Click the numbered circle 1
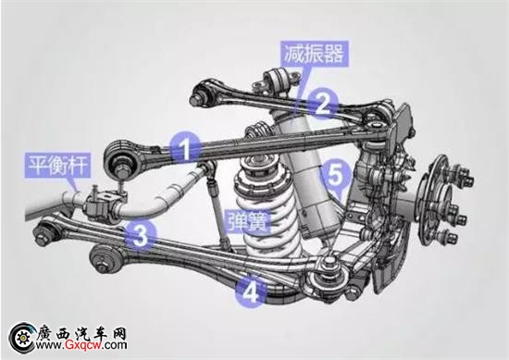tap(185, 149)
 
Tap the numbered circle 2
tap(323, 105)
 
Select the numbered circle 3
tap(142, 236)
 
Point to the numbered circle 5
tap(335, 176)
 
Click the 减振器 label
tap(315, 54)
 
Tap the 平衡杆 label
tap(57, 165)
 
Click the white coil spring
tap(267, 207)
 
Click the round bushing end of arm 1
tap(120, 159)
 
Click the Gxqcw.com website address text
tap(81, 345)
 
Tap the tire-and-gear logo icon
tap(22, 338)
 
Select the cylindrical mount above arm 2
tap(277, 81)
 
